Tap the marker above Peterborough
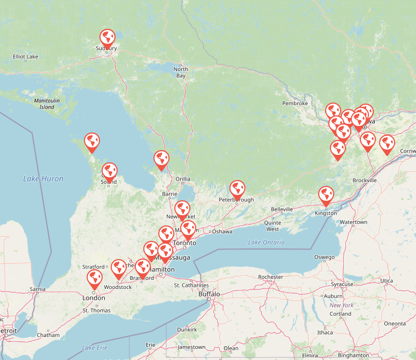coord(237,189)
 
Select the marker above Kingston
coord(326,195)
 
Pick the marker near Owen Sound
coord(110,171)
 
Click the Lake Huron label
coord(43,179)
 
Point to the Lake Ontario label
coord(266,242)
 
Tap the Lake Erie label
coord(95,348)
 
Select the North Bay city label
coord(181,72)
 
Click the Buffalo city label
coord(209,294)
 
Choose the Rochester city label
coord(270,277)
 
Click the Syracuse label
coord(342,284)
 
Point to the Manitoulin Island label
coord(47,104)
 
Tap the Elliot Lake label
coord(26,56)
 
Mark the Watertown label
coord(353,222)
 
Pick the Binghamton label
coord(353,355)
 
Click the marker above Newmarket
coord(182,209)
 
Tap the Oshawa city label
coord(222,231)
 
